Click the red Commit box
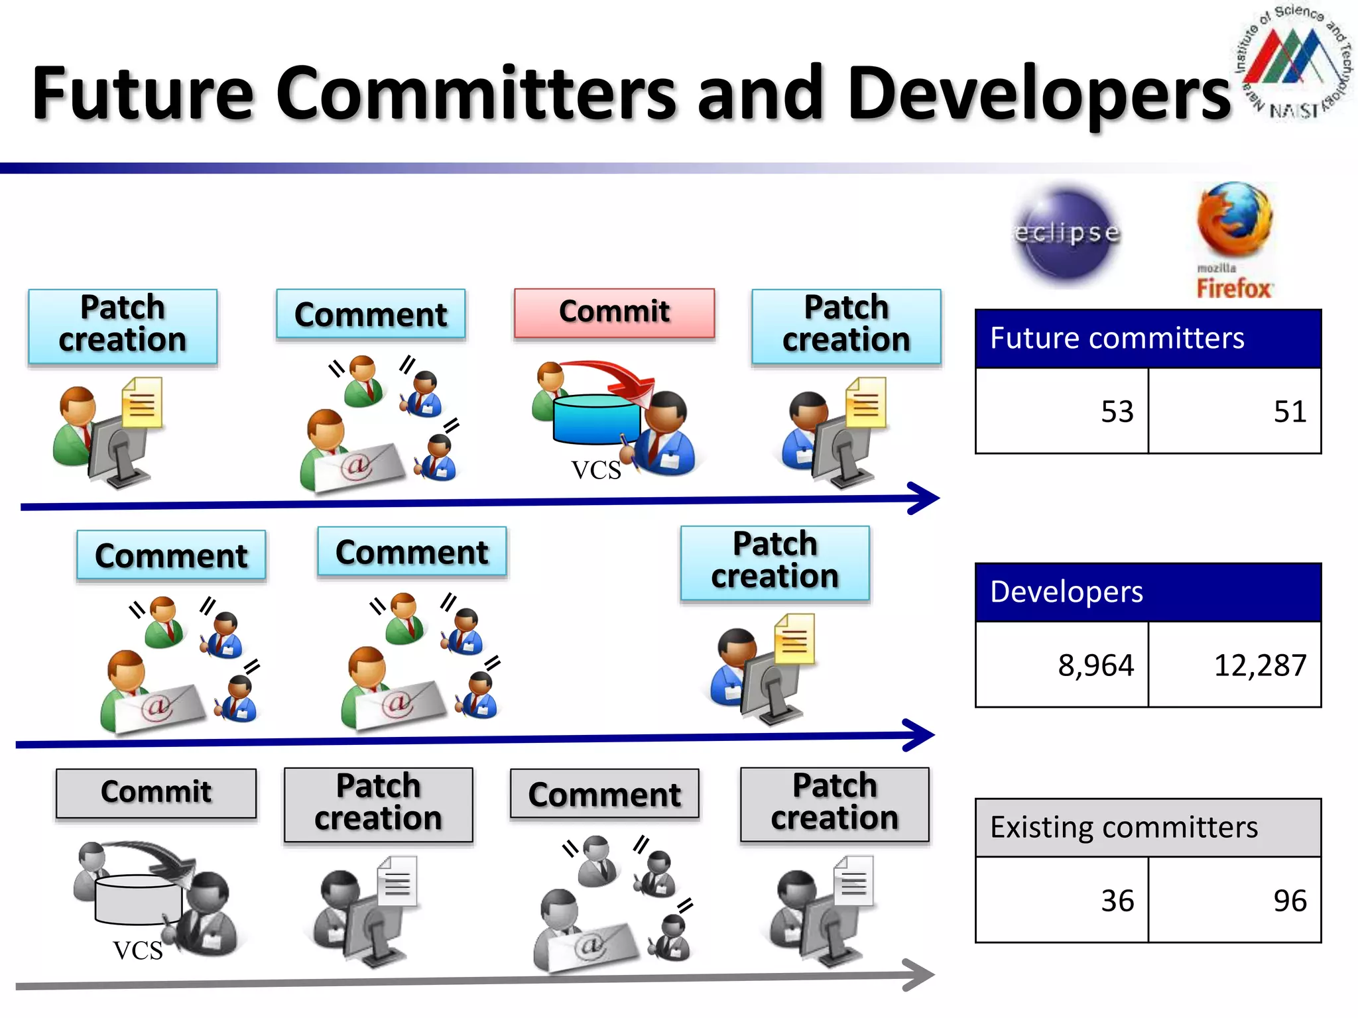tap(614, 313)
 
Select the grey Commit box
tap(156, 793)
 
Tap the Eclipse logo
tap(1067, 234)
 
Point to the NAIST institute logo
tap(1293, 63)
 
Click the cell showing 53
tap(1062, 411)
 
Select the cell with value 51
tap(1234, 411)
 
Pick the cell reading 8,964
tap(1062, 664)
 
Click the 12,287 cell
tap(1234, 664)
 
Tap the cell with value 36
tap(1062, 900)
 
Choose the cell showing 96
tap(1234, 900)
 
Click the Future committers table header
tap(1148, 339)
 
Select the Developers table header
tap(1148, 592)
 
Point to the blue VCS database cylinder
tap(595, 420)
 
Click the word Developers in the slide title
tap(1038, 93)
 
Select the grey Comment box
tap(604, 794)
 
